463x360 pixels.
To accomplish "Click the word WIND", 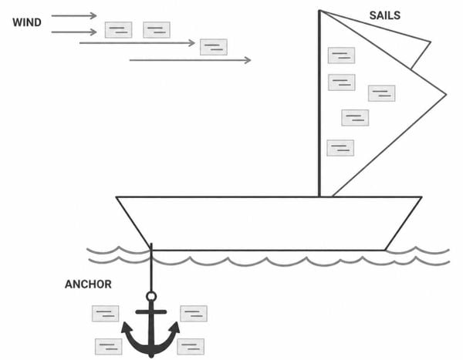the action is tap(27, 22).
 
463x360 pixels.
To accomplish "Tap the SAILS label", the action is tap(385, 15).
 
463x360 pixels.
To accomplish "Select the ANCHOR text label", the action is tap(88, 284).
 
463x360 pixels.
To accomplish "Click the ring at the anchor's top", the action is tap(151, 296).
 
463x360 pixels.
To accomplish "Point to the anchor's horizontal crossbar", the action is tap(151, 311).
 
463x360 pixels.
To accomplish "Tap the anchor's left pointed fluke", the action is tap(127, 328).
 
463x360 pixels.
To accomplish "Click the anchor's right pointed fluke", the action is tap(174, 328).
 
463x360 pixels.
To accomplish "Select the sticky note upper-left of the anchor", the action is tap(106, 314).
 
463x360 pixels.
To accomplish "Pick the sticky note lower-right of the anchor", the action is tap(191, 346).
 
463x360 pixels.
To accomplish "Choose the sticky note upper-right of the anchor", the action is tap(194, 314).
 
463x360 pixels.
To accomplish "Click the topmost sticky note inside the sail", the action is tap(341, 56).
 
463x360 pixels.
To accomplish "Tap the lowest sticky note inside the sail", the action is tap(340, 148).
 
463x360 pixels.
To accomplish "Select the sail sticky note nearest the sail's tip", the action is tap(381, 93).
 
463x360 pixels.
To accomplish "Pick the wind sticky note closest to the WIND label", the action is tap(118, 30).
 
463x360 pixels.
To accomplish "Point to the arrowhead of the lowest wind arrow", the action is tap(248, 60).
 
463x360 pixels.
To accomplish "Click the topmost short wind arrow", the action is tap(74, 15).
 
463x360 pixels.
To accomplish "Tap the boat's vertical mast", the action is tap(319, 103).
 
